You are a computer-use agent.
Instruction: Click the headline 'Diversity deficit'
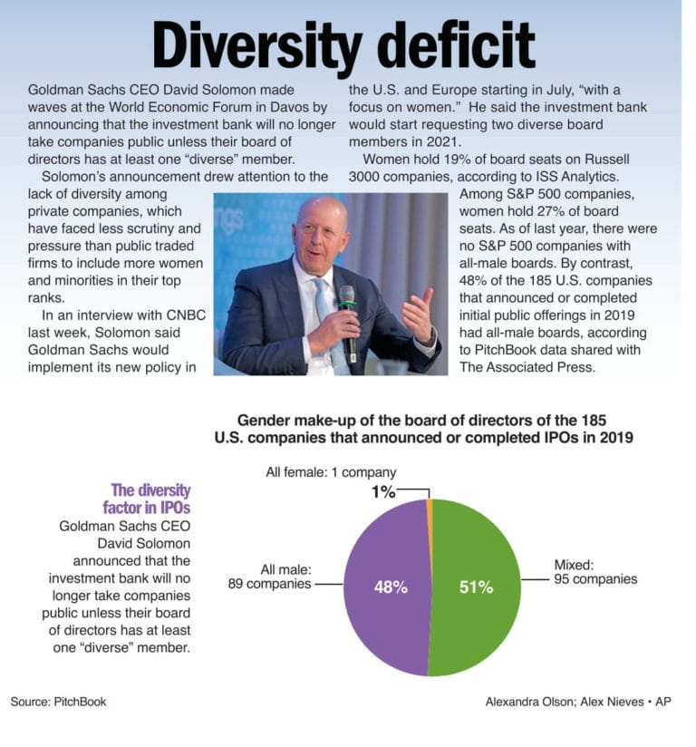coord(343,44)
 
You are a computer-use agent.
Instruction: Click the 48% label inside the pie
coord(391,587)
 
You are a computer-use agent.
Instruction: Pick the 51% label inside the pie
coord(476,587)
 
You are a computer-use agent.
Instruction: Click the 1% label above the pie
coord(382,492)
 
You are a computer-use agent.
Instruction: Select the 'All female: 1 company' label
coord(330,472)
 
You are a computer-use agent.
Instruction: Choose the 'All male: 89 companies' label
coord(269,577)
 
